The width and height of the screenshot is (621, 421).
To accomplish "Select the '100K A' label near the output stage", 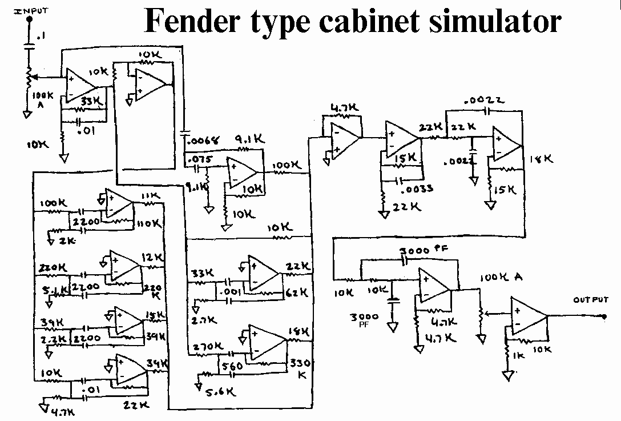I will tap(501, 278).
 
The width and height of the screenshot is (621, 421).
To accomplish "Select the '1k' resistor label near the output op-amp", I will tap(518, 355).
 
